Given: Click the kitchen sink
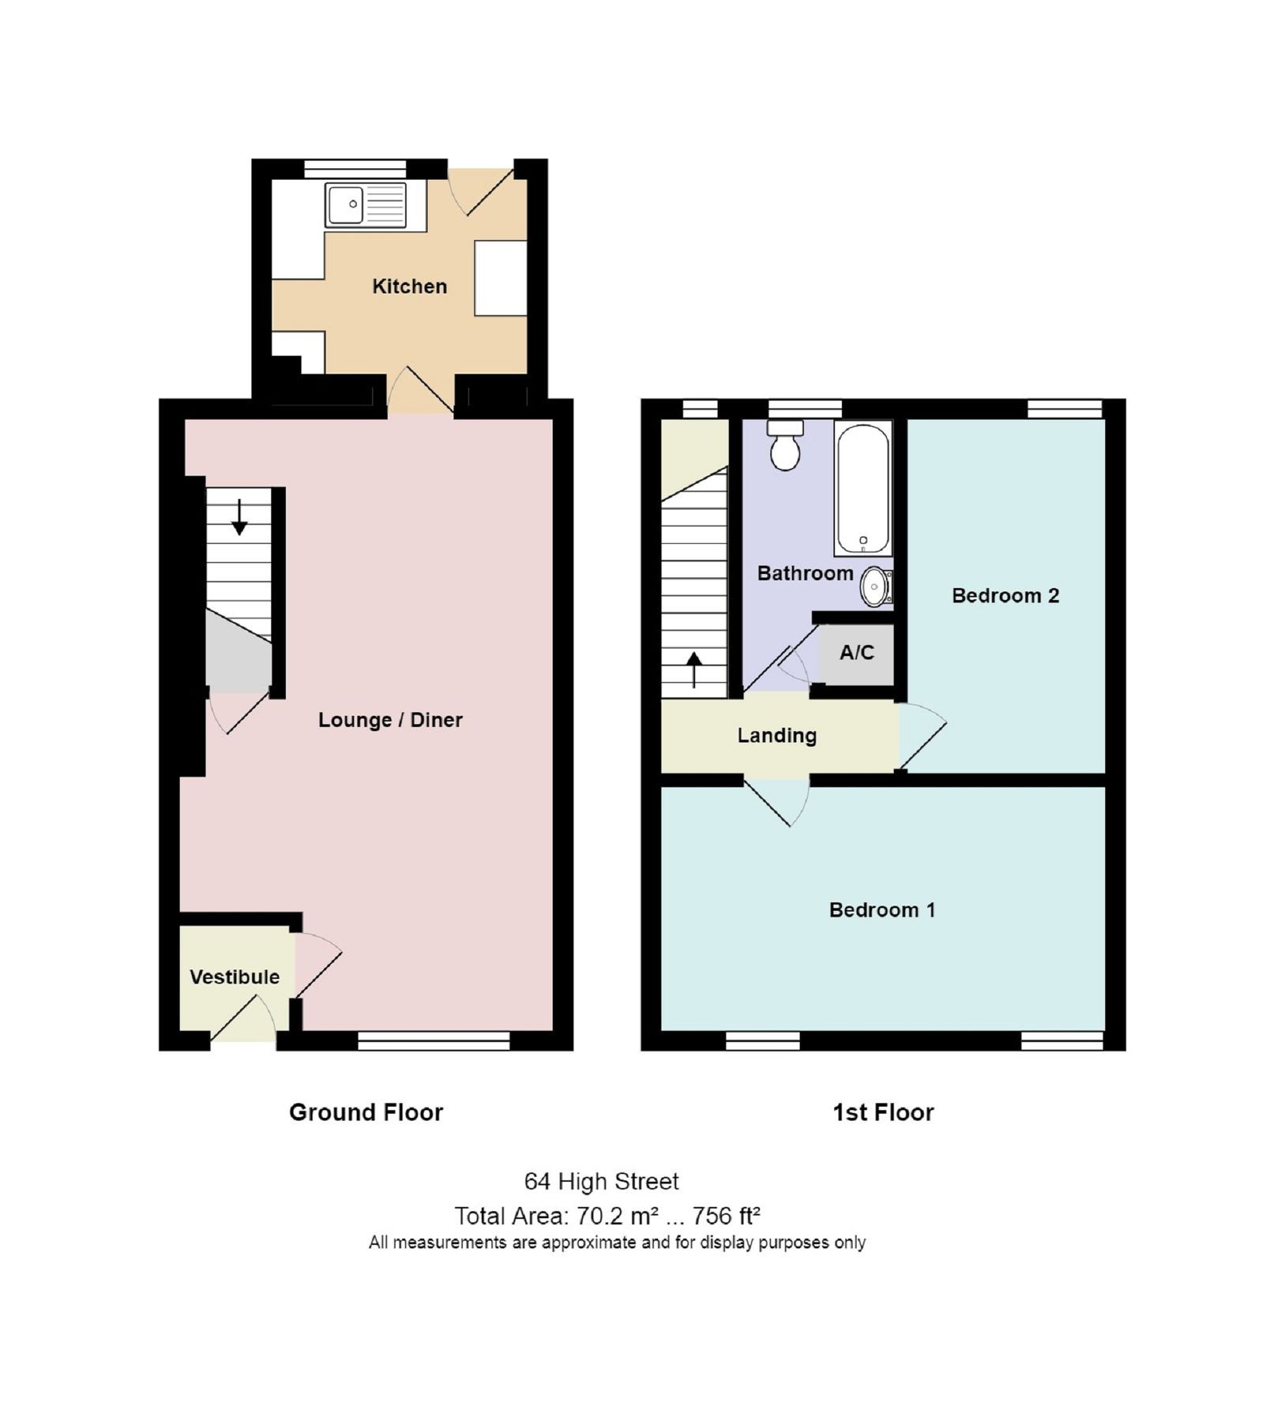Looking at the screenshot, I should coord(365,204).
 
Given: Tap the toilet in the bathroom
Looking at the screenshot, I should coord(785,447).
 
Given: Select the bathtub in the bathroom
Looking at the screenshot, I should coord(862,488).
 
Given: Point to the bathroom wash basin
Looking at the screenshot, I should coord(875,587).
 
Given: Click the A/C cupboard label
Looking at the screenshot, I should coord(857,653).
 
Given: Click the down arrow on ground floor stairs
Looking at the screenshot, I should coord(239,517).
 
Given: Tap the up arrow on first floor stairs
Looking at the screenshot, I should coord(693,669).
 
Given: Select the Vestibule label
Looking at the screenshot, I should coord(235,977).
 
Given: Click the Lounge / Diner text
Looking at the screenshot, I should coord(390,719).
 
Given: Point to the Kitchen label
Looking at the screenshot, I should coord(409,286).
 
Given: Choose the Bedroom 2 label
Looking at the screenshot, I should coord(1005,595).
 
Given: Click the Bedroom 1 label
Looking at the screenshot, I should coord(881,909).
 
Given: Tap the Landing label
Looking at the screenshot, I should coord(776,735).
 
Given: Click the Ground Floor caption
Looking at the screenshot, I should coord(366,1112).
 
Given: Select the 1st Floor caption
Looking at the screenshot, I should coord(882,1112).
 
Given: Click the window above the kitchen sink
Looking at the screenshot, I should coord(355,168).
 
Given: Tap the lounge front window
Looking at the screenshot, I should coord(434,1041).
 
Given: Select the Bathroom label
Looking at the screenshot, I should coord(805,573).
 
